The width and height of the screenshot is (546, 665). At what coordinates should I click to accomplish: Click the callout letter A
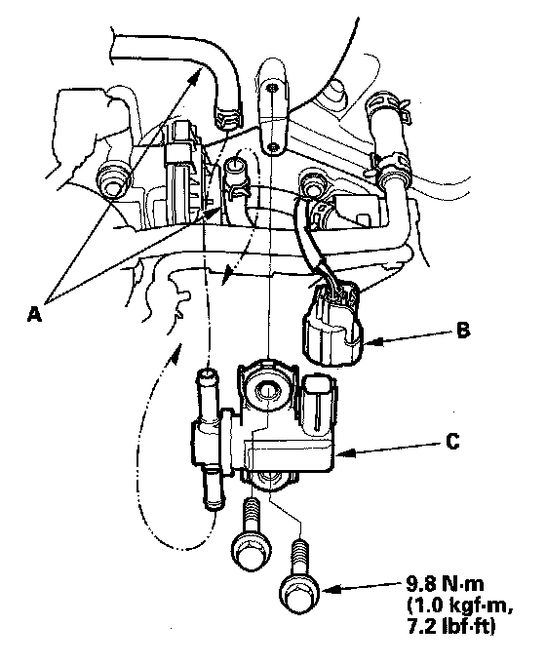point(34,314)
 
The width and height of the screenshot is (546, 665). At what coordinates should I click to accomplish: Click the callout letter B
point(463,331)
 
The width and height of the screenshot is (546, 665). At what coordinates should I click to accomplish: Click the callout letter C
point(452,442)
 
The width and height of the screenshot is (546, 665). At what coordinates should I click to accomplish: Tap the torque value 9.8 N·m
point(445,584)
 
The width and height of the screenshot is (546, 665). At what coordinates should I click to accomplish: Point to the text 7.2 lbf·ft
point(450,627)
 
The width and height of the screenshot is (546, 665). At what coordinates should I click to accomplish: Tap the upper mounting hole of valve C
point(266,389)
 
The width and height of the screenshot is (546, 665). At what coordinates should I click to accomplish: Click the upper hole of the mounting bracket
point(270,89)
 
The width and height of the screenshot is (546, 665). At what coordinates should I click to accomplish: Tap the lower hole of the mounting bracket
point(274,146)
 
